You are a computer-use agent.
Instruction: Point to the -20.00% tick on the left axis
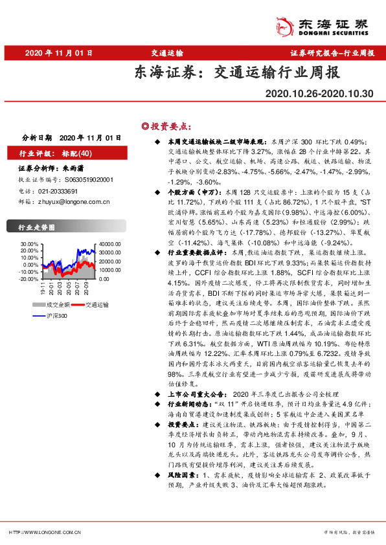coord(29,279)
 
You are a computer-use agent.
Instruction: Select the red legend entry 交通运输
coord(97,304)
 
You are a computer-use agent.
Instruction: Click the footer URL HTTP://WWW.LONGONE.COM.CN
coord(45,532)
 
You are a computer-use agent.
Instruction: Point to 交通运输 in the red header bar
coord(168,52)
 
